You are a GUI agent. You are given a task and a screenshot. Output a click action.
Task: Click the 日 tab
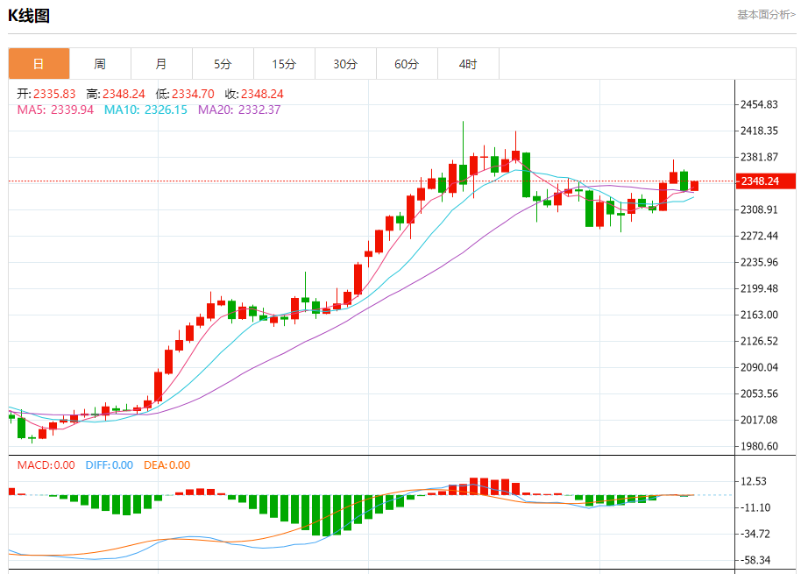pos(39,64)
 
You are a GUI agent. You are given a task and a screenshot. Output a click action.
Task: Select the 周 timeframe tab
pos(100,64)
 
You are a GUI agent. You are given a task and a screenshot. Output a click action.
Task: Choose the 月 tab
pos(161,64)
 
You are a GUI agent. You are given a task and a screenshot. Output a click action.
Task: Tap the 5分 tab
pos(223,64)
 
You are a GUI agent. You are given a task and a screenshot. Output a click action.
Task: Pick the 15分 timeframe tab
pos(284,64)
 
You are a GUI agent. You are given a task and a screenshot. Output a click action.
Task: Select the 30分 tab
pos(345,64)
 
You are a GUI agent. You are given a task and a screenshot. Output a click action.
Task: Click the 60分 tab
pos(407,64)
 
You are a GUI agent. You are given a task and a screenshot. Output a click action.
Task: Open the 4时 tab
pos(468,64)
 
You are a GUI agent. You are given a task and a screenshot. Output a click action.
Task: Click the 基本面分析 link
pos(766,15)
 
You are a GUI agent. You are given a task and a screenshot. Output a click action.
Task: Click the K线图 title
pos(29,16)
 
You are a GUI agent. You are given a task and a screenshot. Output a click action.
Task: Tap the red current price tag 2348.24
pos(764,181)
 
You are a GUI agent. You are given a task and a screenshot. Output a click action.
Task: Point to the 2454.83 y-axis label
pos(760,105)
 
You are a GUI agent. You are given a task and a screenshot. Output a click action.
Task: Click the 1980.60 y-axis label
pos(760,446)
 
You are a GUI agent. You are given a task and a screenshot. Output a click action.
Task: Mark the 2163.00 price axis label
pos(760,315)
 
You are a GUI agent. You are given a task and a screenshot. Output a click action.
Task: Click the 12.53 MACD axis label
pos(755,481)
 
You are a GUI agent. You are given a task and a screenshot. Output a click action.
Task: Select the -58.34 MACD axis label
pos(755,560)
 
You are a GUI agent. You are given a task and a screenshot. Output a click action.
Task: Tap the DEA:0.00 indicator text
pos(167,465)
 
